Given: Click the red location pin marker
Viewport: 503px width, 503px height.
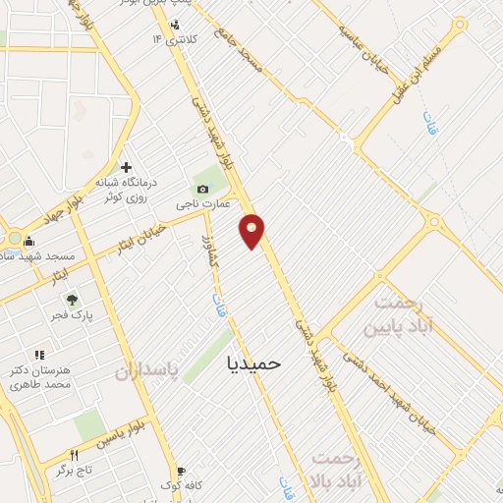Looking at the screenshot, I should point(252,231).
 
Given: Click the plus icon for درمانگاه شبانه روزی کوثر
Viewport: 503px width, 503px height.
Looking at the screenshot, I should point(126,167).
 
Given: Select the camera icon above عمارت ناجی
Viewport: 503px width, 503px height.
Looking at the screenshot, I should point(203,189).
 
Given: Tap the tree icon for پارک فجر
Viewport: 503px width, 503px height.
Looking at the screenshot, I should point(71,300).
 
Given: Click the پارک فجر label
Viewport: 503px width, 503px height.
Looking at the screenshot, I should point(71,316).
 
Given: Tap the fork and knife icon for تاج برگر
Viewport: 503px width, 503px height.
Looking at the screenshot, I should point(74,455).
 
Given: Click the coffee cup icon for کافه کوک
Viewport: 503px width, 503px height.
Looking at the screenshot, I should point(180,471).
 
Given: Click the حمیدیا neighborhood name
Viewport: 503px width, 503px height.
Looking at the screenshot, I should point(253,363).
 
